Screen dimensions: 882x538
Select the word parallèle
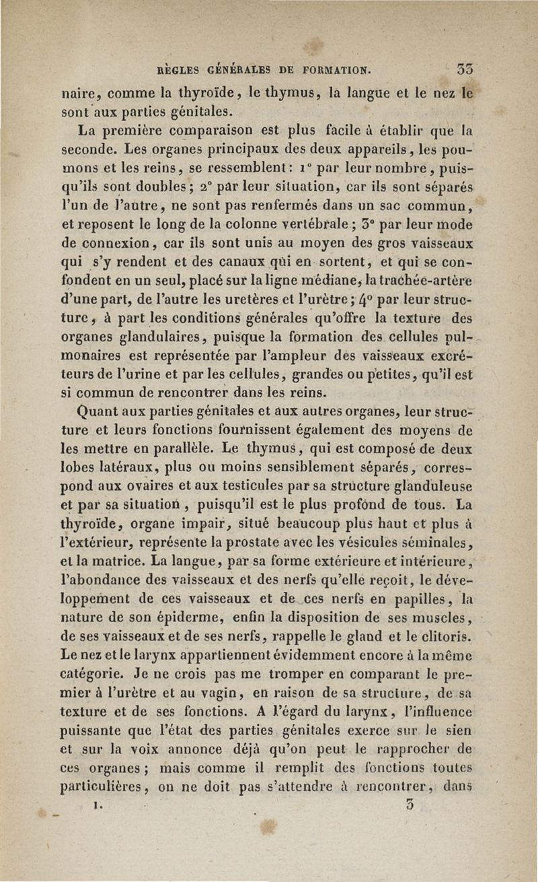167,447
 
